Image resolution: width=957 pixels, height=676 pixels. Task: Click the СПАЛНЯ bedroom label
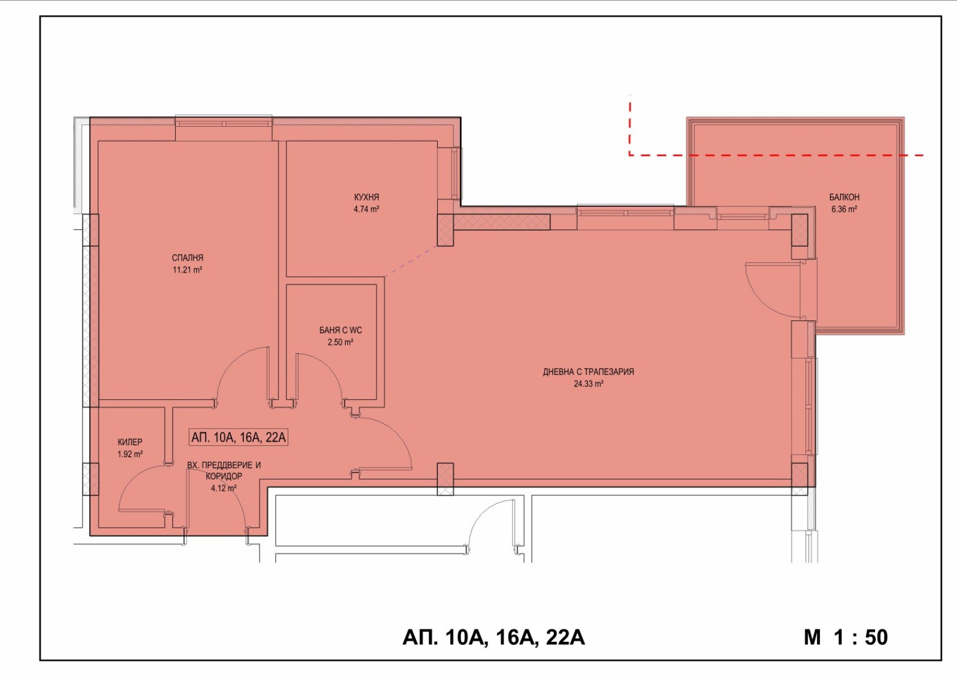click(188, 258)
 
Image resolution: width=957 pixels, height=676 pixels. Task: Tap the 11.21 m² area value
click(188, 270)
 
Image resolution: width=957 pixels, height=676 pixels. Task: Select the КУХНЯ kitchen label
click(367, 197)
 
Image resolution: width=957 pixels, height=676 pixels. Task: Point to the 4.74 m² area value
click(367, 209)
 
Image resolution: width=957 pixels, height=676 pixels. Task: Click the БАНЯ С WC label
click(340, 330)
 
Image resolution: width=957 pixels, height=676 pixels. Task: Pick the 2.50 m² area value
click(340, 342)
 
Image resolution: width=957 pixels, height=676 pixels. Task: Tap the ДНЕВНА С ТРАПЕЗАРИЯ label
click(589, 372)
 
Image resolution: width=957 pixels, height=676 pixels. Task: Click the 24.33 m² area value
click(589, 384)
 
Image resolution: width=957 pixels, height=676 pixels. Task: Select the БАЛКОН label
click(844, 197)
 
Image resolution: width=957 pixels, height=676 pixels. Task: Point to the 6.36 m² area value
click(844, 209)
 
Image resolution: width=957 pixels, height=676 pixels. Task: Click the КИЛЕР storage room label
click(130, 442)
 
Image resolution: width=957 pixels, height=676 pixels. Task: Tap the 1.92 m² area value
click(130, 454)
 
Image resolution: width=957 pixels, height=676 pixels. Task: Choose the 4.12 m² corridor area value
click(224, 488)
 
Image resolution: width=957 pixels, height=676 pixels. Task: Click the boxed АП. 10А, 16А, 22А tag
click(239, 438)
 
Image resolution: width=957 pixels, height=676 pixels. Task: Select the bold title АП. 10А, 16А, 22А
click(493, 638)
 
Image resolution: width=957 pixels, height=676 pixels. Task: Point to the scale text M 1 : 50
click(846, 638)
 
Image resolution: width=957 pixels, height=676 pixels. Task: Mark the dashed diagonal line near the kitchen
click(410, 261)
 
